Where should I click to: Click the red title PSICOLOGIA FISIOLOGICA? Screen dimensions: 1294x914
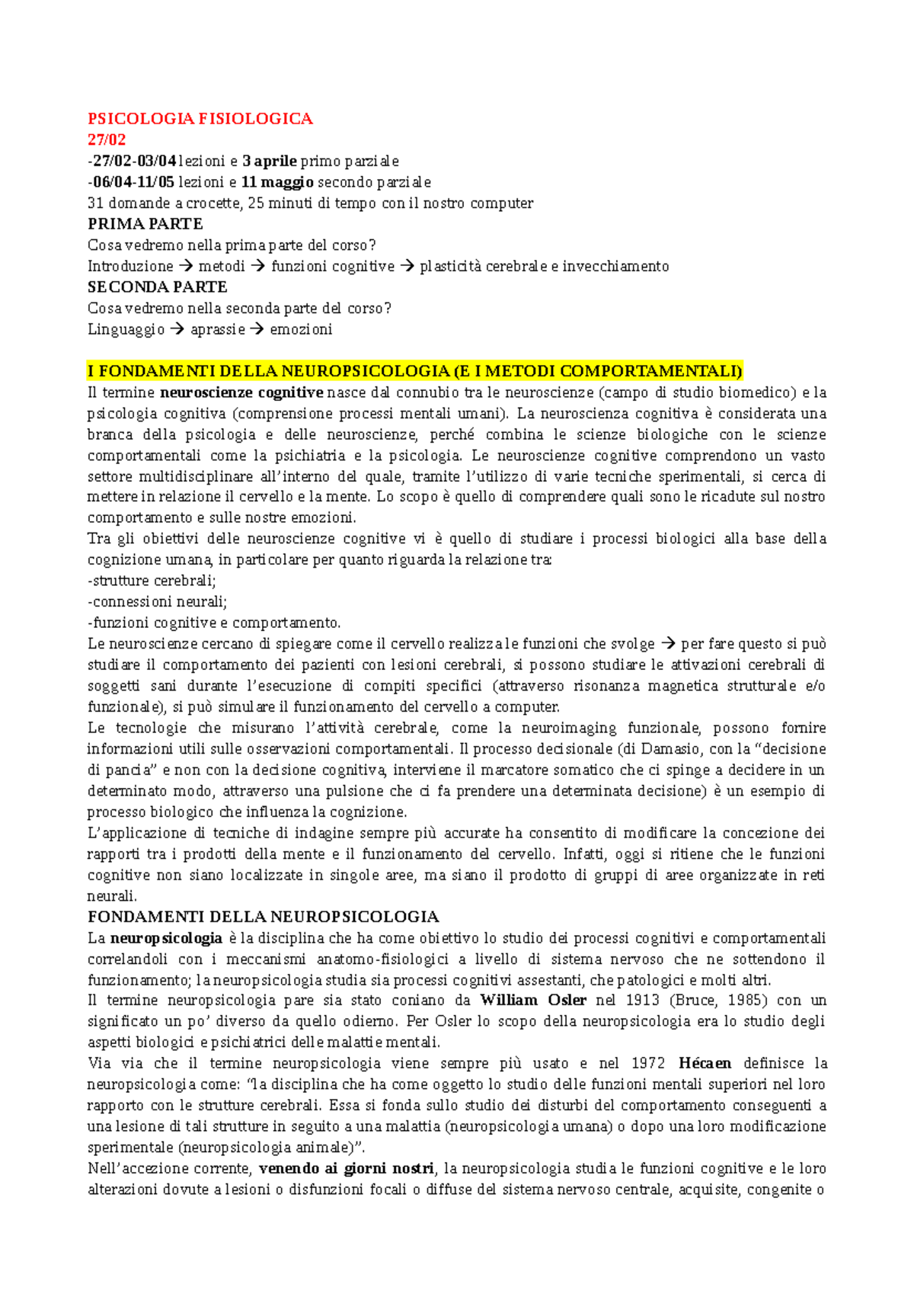pyautogui.click(x=200, y=119)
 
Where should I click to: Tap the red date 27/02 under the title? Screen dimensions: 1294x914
pyautogui.click(x=107, y=139)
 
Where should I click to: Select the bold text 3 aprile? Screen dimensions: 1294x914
pyautogui.click(x=270, y=161)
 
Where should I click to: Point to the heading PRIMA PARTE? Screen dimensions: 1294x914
pyautogui.click(x=145, y=224)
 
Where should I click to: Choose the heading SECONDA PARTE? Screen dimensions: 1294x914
pyautogui.click(x=158, y=287)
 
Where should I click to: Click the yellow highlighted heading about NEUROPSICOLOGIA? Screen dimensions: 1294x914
pyautogui.click(x=414, y=372)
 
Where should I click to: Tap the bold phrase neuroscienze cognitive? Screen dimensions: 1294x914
pyautogui.click(x=241, y=393)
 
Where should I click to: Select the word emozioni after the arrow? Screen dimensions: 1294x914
pyautogui.click(x=301, y=329)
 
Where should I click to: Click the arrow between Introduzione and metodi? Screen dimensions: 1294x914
pyautogui.click(x=186, y=266)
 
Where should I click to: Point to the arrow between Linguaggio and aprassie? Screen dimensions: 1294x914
pyautogui.click(x=177, y=329)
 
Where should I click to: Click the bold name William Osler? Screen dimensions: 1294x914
pyautogui.click(x=533, y=1000)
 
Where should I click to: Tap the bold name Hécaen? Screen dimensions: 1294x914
pyautogui.click(x=705, y=1063)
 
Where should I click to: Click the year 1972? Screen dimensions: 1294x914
pyautogui.click(x=648, y=1063)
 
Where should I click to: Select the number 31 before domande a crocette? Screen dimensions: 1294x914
pyautogui.click(x=95, y=203)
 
